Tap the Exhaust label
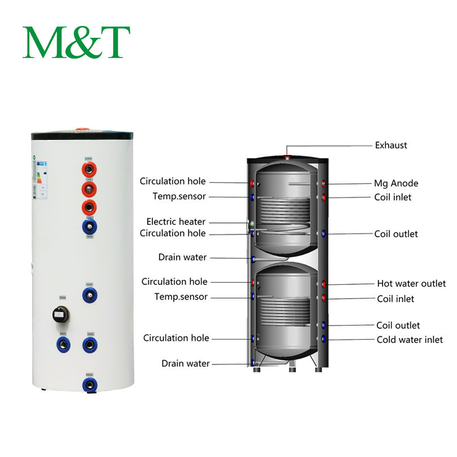(390, 145)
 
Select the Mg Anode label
(396, 183)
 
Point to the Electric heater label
(176, 222)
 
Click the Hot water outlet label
(411, 283)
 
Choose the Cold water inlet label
(410, 340)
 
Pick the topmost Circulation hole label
(173, 181)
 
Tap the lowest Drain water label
(186, 363)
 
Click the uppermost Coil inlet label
(393, 197)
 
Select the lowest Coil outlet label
(398, 326)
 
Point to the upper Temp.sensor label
(179, 196)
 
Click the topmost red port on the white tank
(90, 169)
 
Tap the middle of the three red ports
(89, 188)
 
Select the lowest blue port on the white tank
(89, 385)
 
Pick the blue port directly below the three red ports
(90, 227)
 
